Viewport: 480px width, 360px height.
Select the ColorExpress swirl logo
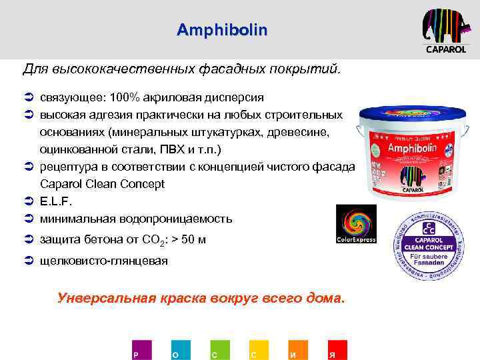(x=355, y=224)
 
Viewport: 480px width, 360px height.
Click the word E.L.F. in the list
(x=55, y=201)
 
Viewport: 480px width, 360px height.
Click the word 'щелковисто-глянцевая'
(x=104, y=261)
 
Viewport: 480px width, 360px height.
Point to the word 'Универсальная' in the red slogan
(x=106, y=298)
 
